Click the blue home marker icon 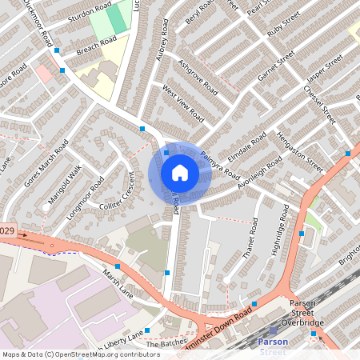click(180, 173)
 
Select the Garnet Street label click(277, 66)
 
